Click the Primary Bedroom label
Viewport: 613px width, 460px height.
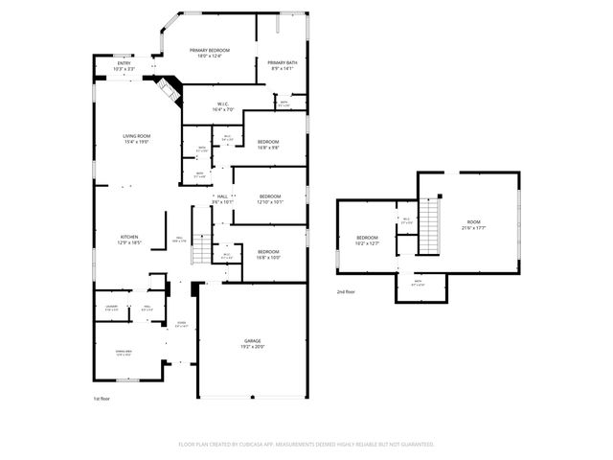(x=210, y=53)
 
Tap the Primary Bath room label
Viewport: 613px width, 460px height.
(x=283, y=65)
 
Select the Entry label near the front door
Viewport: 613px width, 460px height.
(x=125, y=67)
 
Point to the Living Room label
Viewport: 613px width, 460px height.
(x=137, y=139)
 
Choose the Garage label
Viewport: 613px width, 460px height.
(x=253, y=343)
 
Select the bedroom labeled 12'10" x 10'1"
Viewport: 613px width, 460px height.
(x=269, y=199)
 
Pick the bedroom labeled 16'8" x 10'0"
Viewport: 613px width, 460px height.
(x=267, y=254)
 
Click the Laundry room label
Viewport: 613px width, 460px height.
(x=112, y=308)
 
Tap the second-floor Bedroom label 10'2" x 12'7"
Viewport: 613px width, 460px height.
(x=368, y=240)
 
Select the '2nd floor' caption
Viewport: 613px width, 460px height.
(x=347, y=291)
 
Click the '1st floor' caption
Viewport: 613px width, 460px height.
(x=102, y=398)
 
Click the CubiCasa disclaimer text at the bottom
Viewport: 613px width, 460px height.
(x=306, y=445)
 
